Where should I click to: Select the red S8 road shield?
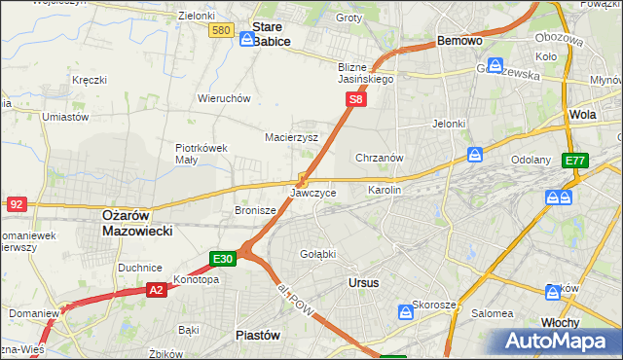tap(357, 99)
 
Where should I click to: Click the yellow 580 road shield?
tap(221, 31)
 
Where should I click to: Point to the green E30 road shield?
tap(222, 259)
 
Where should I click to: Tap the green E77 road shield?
tap(575, 161)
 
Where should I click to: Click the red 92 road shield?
tap(16, 204)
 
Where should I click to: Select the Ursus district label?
tap(363, 282)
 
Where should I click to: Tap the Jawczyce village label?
tap(313, 194)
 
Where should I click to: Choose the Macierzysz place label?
tap(292, 138)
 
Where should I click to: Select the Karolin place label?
tap(385, 191)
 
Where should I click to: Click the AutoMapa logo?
tap(558, 342)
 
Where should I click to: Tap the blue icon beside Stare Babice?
tap(247, 40)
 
